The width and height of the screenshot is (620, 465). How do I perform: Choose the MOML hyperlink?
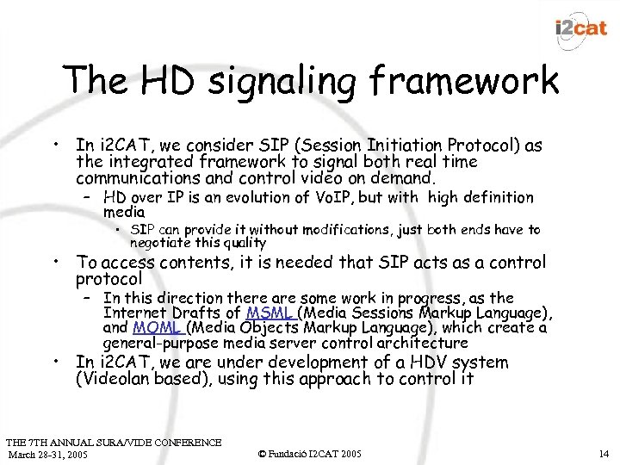point(158,328)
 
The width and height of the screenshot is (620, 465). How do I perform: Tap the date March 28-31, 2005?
point(48,454)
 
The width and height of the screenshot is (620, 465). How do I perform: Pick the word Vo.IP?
point(332,197)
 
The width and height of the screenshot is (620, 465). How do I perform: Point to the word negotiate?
point(158,243)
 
